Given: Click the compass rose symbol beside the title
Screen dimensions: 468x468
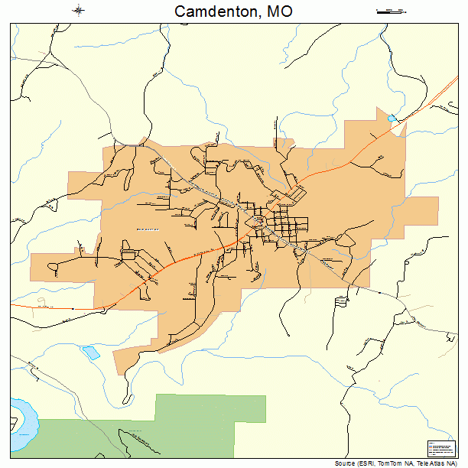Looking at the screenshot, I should (79, 11).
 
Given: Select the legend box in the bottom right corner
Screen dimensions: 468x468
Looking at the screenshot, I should (439, 448).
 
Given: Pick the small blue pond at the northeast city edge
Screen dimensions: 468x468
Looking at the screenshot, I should (392, 119).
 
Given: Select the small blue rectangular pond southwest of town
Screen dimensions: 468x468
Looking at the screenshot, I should (91, 353).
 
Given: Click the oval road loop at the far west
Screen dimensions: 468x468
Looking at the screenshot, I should (55, 267).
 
